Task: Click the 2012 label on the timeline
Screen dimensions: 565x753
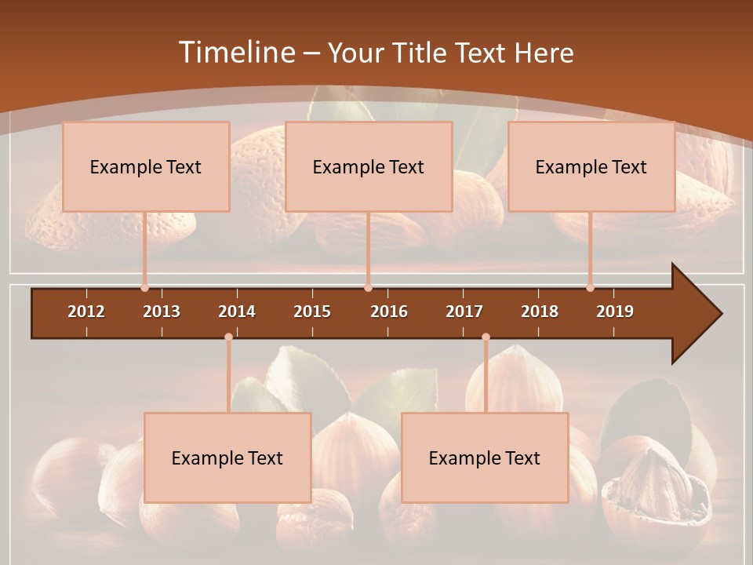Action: pyautogui.click(x=86, y=312)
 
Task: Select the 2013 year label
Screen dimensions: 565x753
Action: pyautogui.click(x=162, y=312)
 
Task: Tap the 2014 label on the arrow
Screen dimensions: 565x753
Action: pyautogui.click(x=237, y=312)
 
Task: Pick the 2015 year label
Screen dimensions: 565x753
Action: pyautogui.click(x=312, y=312)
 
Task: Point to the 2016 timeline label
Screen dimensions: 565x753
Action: pyautogui.click(x=389, y=312)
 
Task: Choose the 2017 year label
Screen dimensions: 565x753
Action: pyautogui.click(x=464, y=312)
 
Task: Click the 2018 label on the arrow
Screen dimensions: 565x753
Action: pyautogui.click(x=540, y=312)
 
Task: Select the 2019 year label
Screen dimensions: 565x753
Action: pyautogui.click(x=615, y=312)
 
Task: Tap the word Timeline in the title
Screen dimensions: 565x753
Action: pyautogui.click(x=235, y=53)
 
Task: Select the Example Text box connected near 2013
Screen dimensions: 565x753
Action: pyautogui.click(x=146, y=166)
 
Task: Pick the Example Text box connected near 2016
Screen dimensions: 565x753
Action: pyautogui.click(x=369, y=166)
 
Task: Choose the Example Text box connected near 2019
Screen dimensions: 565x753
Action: pyautogui.click(x=591, y=166)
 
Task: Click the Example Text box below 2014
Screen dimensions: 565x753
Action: pyautogui.click(x=227, y=457)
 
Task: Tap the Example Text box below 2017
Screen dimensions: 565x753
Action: pyautogui.click(x=485, y=457)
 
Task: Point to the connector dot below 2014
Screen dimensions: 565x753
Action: pyautogui.click(x=228, y=337)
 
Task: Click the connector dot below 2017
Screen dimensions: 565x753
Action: pyautogui.click(x=486, y=337)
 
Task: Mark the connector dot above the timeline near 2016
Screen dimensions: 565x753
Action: pyautogui.click(x=368, y=288)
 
